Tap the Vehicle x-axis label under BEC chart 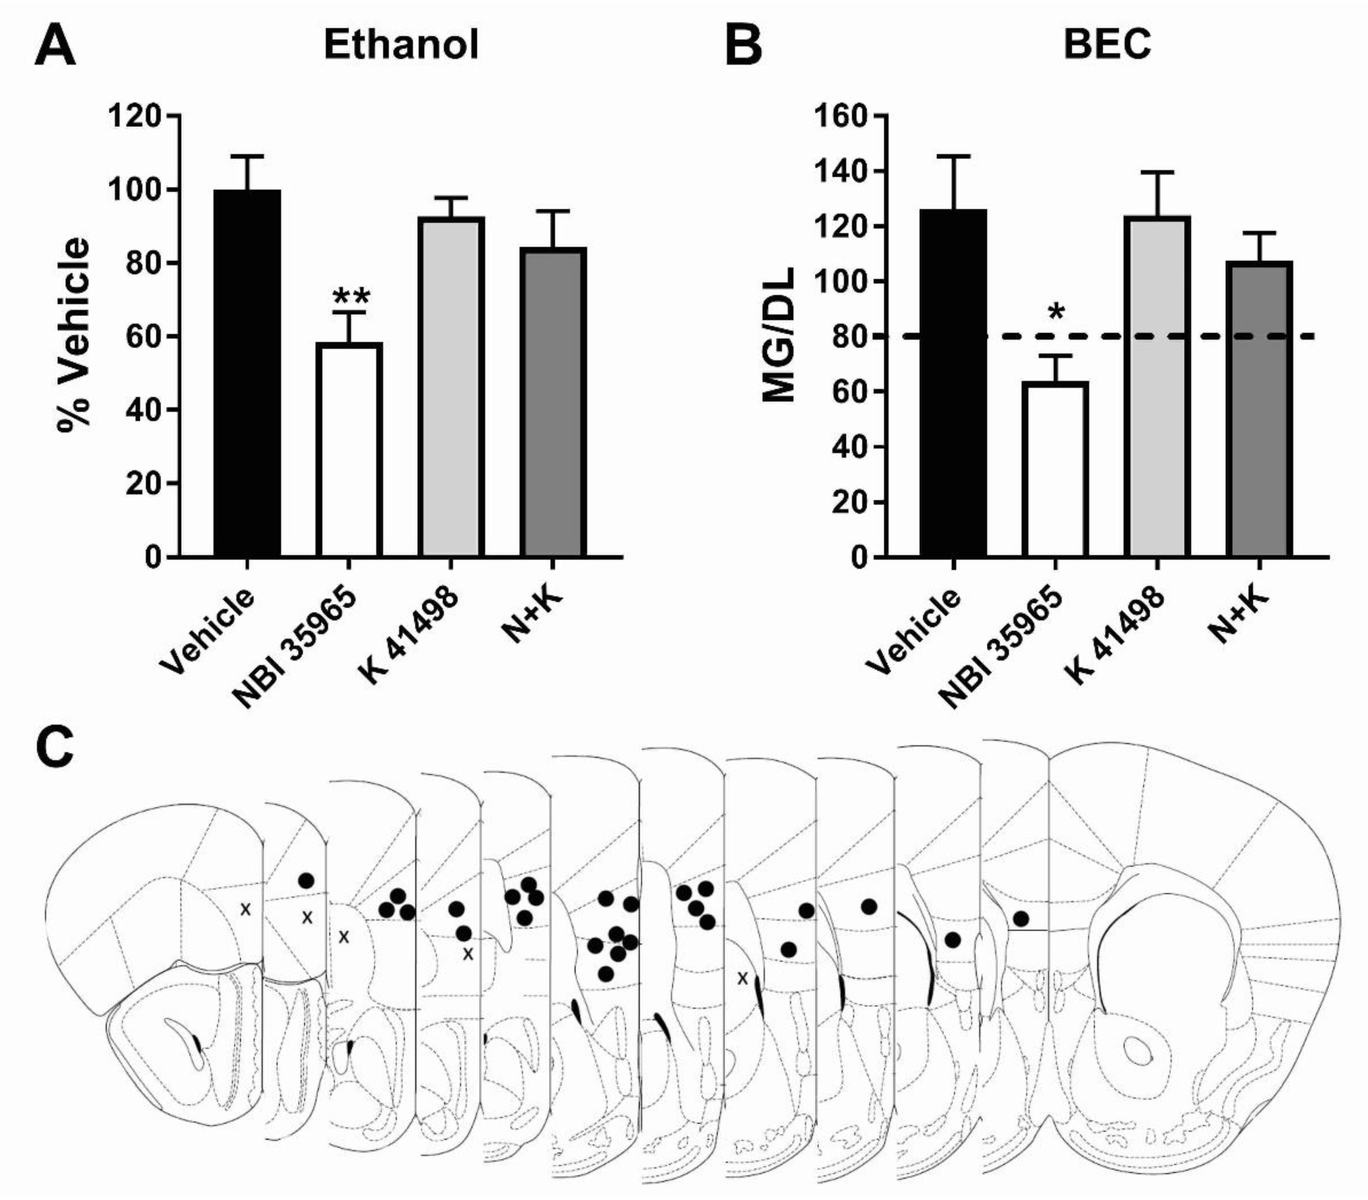point(916,632)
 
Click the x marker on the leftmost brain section point(246,909)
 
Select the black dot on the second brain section point(306,880)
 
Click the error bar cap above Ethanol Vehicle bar point(247,156)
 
